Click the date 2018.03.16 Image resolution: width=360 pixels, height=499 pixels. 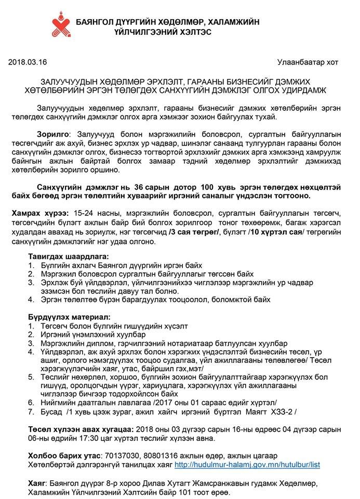click(x=28, y=62)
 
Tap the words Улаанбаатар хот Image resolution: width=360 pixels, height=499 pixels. click(x=308, y=62)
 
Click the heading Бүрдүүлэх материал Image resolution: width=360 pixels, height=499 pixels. click(x=69, y=317)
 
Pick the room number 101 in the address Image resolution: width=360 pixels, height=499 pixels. click(x=179, y=492)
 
